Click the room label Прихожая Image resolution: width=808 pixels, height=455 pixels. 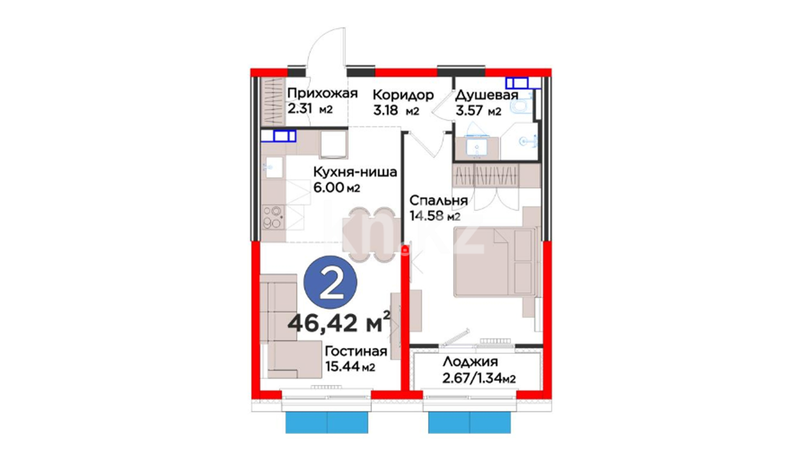click(322, 93)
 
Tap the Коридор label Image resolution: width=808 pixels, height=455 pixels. click(403, 95)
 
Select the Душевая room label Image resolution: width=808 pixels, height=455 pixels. click(486, 95)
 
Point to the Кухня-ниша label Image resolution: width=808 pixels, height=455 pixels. click(355, 172)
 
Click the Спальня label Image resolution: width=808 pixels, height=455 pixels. click(439, 200)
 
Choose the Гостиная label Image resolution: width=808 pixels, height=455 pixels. click(356, 351)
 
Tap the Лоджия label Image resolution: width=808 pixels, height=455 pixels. click(470, 362)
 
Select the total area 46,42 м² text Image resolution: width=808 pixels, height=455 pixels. click(339, 322)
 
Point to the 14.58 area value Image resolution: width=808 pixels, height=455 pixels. click(427, 216)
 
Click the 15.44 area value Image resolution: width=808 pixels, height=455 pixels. click(342, 367)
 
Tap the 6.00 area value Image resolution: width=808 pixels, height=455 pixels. click(329, 187)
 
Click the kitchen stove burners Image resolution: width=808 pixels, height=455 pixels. click(273, 217)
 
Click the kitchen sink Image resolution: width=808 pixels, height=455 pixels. click(274, 167)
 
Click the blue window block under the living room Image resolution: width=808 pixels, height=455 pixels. click(327, 423)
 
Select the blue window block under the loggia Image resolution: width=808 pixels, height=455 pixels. click(470, 423)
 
